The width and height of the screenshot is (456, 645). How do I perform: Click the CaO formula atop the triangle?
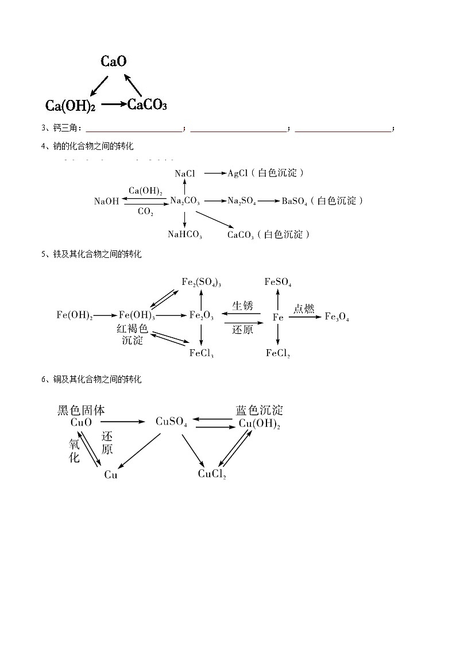[114, 61]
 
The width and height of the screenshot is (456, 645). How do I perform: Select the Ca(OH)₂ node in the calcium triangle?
[70, 106]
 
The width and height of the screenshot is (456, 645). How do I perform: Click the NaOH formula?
[106, 201]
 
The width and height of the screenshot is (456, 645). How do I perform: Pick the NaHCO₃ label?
[184, 234]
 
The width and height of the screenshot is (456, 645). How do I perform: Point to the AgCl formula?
[237, 173]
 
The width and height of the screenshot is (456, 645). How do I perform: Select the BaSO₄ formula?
[294, 201]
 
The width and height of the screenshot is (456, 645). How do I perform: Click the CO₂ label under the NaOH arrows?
[145, 211]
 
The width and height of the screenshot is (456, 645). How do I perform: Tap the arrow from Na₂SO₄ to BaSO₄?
[268, 200]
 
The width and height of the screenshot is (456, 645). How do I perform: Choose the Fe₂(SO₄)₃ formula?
[202, 282]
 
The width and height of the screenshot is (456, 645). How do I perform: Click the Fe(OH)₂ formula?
[75, 315]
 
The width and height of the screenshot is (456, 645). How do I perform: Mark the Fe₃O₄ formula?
[337, 316]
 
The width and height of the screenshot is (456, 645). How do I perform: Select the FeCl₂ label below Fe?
[278, 353]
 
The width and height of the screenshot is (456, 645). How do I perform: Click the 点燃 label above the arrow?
[304, 308]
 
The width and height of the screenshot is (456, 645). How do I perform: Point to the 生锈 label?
[242, 306]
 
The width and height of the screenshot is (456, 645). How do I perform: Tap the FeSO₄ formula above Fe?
[278, 282]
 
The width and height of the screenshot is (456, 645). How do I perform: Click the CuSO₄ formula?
[171, 422]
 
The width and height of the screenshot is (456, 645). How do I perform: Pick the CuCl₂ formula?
[212, 474]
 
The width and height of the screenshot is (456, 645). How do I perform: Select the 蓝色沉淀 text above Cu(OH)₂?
[259, 410]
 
